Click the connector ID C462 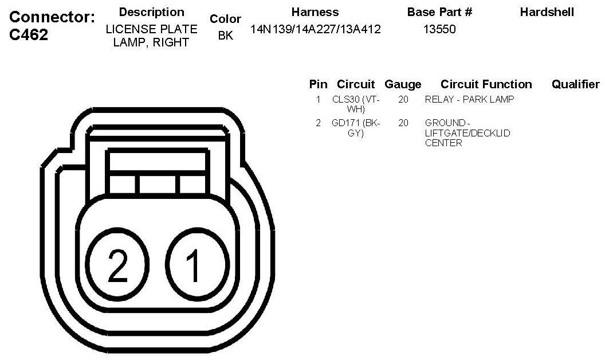[29, 35]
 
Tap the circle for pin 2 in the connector [118, 265]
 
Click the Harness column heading [315, 12]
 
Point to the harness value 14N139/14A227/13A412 [316, 29]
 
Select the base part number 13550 [439, 29]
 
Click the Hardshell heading [547, 12]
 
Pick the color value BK [226, 36]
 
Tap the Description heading [152, 12]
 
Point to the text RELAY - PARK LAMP [469, 99]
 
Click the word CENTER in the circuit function [443, 143]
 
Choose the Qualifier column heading [575, 84]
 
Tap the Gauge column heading [403, 84]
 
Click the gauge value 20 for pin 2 [403, 123]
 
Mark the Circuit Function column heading [486, 84]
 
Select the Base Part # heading [439, 12]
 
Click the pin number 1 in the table [318, 99]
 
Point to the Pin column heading [318, 84]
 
